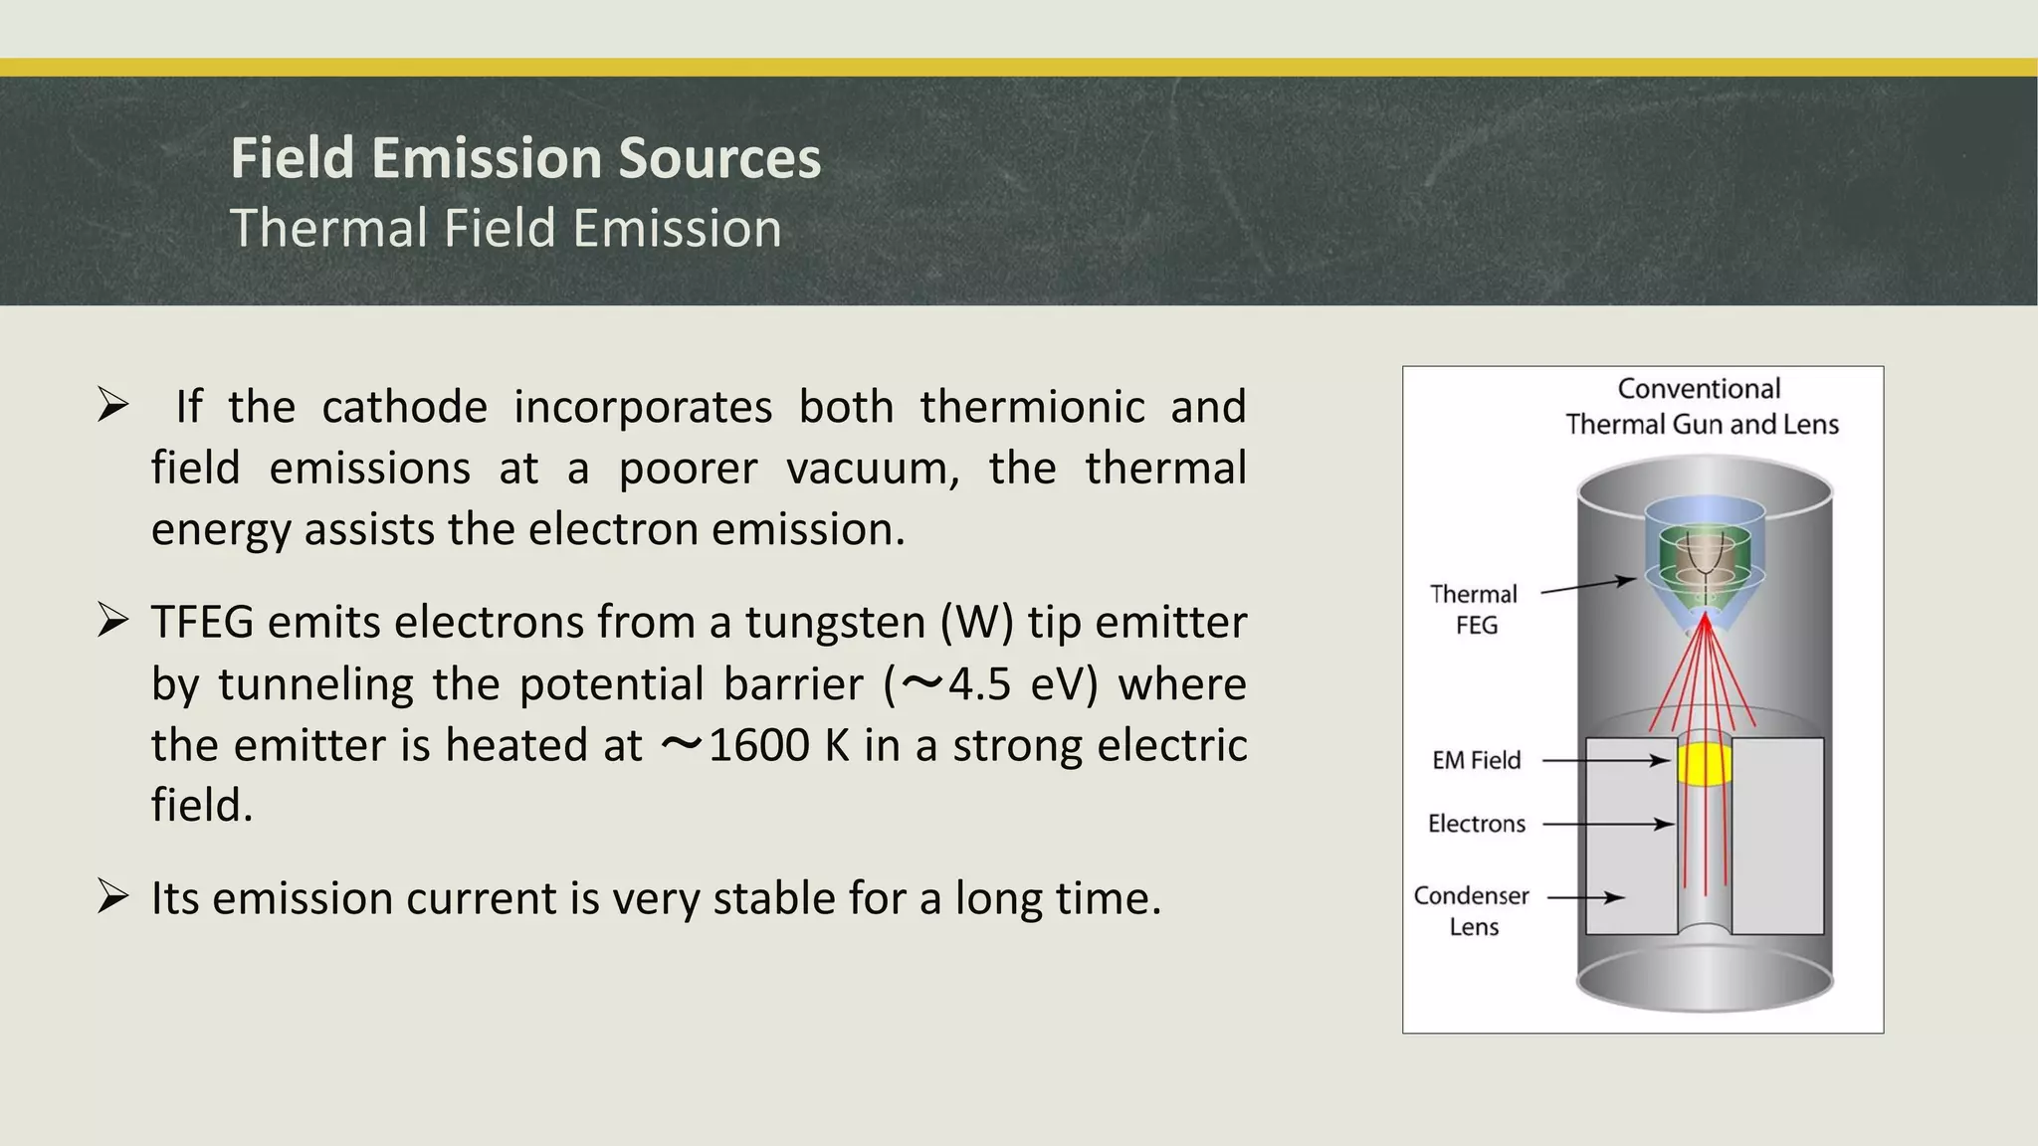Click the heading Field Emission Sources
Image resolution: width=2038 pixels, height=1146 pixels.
(525, 158)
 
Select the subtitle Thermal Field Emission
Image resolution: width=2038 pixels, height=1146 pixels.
(506, 228)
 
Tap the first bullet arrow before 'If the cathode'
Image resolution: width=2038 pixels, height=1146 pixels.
(113, 405)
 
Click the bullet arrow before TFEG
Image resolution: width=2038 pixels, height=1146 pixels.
(113, 621)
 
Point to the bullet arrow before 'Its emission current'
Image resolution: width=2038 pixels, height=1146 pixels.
(113, 896)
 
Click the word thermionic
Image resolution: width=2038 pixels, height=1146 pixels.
(1032, 407)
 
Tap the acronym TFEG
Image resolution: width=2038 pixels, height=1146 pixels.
(201, 623)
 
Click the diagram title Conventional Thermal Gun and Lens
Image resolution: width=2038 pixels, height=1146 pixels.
(1701, 406)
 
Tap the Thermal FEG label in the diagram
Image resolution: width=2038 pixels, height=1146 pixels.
(1474, 609)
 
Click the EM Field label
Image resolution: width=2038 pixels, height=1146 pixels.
(1476, 760)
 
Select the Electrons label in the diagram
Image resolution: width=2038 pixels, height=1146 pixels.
(1476, 824)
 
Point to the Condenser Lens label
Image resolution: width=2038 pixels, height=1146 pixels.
(1472, 910)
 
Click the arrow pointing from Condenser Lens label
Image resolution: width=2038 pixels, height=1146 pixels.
(1585, 897)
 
